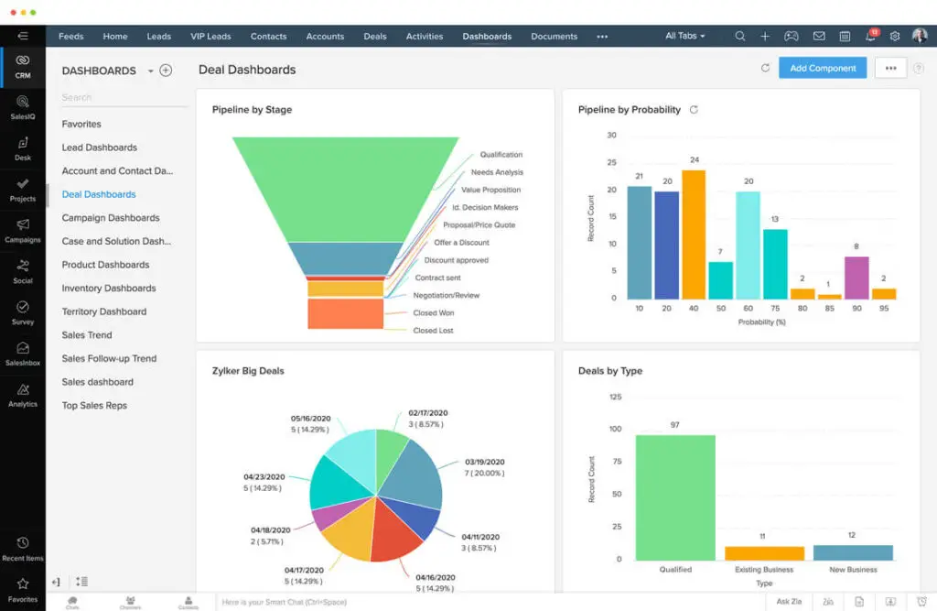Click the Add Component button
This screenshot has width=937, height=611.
(x=822, y=68)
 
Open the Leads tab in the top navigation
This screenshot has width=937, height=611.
(x=159, y=37)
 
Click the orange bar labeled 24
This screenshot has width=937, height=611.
(x=694, y=235)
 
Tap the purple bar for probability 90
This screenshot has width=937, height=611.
(x=856, y=278)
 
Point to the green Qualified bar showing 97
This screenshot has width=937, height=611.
(x=675, y=497)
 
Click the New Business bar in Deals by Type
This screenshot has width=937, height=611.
(x=852, y=552)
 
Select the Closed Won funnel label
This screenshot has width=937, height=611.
(x=433, y=313)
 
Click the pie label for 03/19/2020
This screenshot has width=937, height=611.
(x=485, y=462)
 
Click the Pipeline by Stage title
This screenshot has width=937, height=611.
(x=252, y=110)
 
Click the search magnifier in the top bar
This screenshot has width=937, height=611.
(x=739, y=37)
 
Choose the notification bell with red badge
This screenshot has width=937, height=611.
(x=870, y=37)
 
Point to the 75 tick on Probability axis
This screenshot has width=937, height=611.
(x=775, y=309)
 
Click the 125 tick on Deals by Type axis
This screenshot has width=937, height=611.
(x=615, y=397)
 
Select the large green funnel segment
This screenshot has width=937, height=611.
(x=346, y=188)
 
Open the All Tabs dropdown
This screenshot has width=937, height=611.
(x=685, y=37)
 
